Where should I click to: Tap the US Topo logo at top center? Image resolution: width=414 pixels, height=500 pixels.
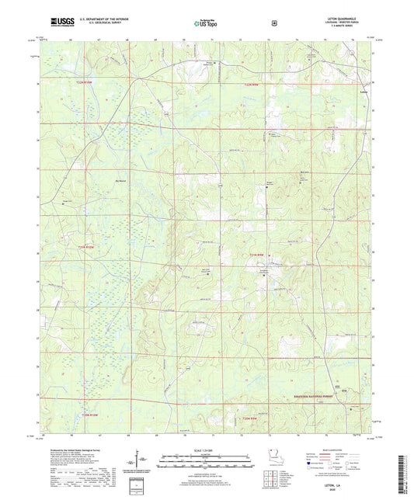207,23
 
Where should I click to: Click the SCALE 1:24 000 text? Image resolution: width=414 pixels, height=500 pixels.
207,452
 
